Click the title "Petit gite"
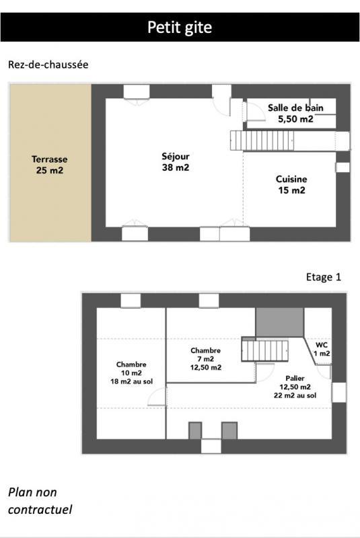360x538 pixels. pyautogui.click(x=180, y=28)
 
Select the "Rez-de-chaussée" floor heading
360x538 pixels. pyautogui.click(x=48, y=65)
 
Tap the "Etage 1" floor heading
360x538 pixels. pyautogui.click(x=324, y=277)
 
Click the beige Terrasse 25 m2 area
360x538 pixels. pyautogui.click(x=50, y=164)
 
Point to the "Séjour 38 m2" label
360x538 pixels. pyautogui.click(x=175, y=162)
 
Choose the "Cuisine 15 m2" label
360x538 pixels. pyautogui.click(x=291, y=184)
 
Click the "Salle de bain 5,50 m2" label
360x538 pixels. pyautogui.click(x=295, y=113)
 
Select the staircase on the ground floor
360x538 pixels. pyautogui.click(x=262, y=141)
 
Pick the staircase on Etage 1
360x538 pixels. pyautogui.click(x=264, y=350)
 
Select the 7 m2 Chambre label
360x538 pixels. pyautogui.click(x=205, y=358)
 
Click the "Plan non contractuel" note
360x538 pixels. pyautogui.click(x=40, y=501)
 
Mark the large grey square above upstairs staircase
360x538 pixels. pyautogui.click(x=279, y=322)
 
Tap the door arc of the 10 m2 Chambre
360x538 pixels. pyautogui.click(x=157, y=397)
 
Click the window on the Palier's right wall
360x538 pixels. pyautogui.click(x=338, y=392)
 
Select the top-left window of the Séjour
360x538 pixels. pyautogui.click(x=136, y=93)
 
